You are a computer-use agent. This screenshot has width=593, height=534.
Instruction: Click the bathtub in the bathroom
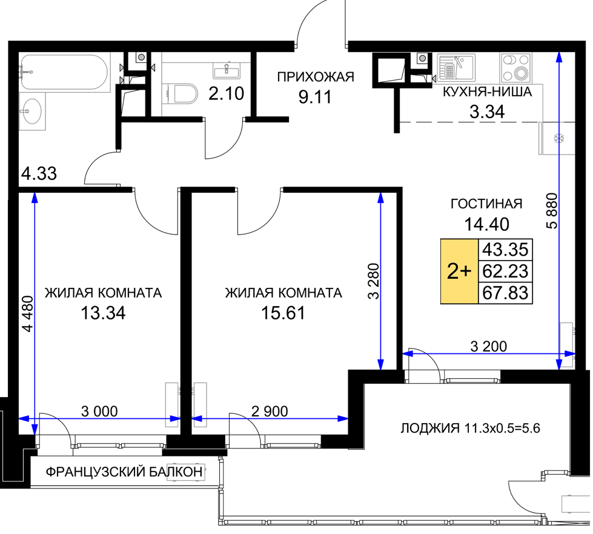tap(65, 72)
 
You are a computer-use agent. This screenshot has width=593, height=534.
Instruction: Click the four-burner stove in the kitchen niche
tap(516, 67)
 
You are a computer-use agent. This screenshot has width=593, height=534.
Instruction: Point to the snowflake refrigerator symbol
tap(559, 139)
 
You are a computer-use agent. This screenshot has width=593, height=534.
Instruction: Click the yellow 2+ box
tap(460, 272)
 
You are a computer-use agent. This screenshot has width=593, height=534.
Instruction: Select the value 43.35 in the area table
tap(506, 250)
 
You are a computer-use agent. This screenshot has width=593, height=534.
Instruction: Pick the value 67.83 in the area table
tap(506, 293)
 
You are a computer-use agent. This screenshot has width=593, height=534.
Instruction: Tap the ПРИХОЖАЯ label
tap(316, 77)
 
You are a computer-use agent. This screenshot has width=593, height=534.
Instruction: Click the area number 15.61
tap(283, 313)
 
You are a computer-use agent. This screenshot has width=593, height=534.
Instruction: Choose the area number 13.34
tap(103, 313)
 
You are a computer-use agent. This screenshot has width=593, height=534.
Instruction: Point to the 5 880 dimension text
tap(552, 211)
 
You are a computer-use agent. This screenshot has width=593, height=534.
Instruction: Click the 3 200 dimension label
tap(489, 346)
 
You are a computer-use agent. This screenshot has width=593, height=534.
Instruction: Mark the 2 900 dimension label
tap(270, 412)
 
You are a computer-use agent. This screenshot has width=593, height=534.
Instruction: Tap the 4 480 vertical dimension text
tap(28, 314)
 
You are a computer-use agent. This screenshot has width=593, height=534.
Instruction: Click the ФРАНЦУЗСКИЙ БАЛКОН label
tap(124, 472)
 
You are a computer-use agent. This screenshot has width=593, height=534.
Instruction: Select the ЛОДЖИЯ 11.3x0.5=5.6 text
tap(470, 429)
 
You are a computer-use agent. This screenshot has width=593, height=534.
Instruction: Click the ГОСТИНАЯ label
tap(486, 204)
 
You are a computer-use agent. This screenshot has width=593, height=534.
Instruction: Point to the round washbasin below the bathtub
tap(31, 111)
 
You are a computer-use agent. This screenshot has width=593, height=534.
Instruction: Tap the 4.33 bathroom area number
tap(39, 174)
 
